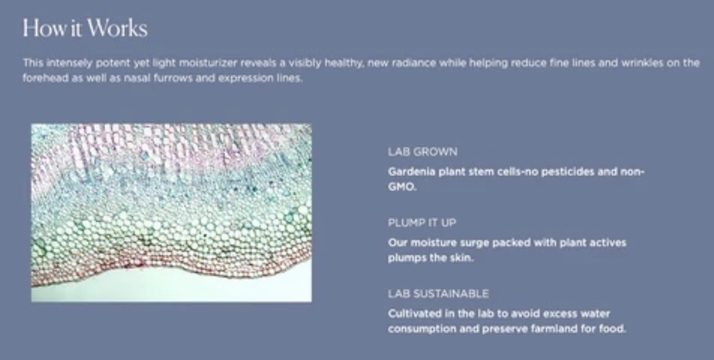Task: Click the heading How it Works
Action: pos(85,28)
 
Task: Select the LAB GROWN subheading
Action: pos(422,152)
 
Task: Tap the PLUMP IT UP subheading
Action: pos(422,223)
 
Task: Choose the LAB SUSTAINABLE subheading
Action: pos(438,294)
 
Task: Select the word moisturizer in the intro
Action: pos(208,63)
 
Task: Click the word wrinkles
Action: pos(642,63)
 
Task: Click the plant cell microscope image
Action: pos(172,213)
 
